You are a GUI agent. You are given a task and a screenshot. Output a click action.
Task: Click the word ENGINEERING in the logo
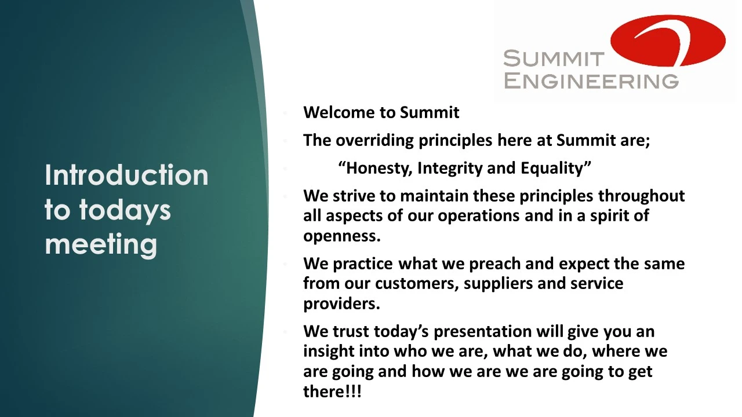[591, 82]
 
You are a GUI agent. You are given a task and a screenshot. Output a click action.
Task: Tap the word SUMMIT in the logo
[554, 58]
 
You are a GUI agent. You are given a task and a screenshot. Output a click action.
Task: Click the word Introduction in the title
[126, 175]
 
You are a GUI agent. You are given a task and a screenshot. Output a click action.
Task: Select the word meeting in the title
[101, 244]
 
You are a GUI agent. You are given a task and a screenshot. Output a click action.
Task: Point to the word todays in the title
[125, 210]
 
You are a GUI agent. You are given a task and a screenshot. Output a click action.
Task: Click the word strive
[354, 196]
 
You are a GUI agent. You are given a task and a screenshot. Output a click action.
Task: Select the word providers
[341, 304]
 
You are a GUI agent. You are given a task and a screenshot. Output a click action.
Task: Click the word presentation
[482, 332]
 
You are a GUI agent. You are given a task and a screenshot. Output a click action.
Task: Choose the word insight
[329, 352]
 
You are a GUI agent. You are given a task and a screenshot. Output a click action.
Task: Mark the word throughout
[641, 196]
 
